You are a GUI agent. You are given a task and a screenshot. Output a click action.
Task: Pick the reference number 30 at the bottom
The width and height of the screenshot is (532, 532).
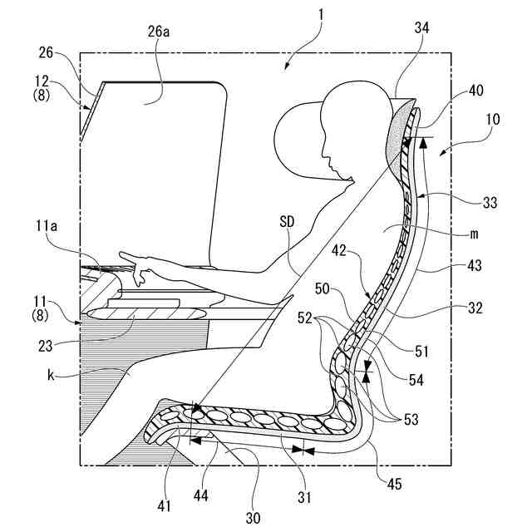point(253,518)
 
